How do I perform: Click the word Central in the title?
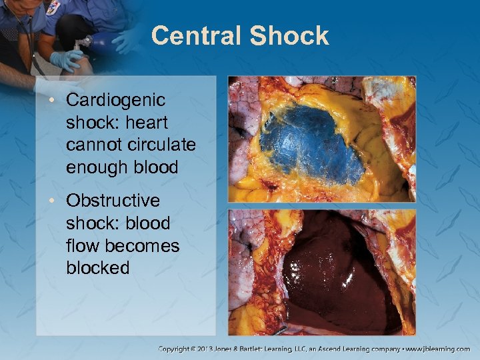(196, 35)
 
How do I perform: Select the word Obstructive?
(113, 201)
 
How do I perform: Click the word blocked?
(97, 268)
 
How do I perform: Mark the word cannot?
(91, 145)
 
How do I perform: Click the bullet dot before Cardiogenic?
(57, 101)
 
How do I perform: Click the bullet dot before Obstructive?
(57, 201)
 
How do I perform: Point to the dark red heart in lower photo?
(333, 273)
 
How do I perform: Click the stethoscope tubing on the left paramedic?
(30, 40)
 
